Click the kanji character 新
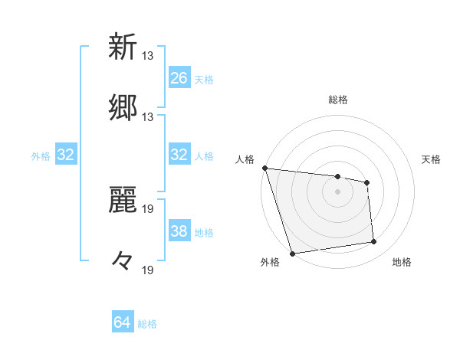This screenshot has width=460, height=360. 123,47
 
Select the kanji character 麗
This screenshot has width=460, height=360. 123,201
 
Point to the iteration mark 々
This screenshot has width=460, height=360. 123,262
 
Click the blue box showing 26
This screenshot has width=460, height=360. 179,77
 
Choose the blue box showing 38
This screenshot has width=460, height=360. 179,232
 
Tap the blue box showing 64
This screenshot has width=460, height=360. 123,323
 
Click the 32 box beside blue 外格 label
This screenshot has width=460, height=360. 66,155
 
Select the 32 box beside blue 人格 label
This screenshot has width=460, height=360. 179,155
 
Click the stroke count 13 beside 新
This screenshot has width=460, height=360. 148,56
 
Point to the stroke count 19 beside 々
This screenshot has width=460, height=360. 148,270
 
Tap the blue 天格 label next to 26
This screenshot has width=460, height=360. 204,79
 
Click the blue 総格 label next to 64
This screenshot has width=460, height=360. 147,324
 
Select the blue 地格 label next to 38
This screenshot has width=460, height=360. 204,233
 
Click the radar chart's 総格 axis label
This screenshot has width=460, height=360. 337,100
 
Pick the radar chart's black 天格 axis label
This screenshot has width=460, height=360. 432,159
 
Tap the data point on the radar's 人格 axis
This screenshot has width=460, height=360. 264,168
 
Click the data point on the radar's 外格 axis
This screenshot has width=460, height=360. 292,253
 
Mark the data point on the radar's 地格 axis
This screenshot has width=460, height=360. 374,242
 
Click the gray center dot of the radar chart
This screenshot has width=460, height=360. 337,191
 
